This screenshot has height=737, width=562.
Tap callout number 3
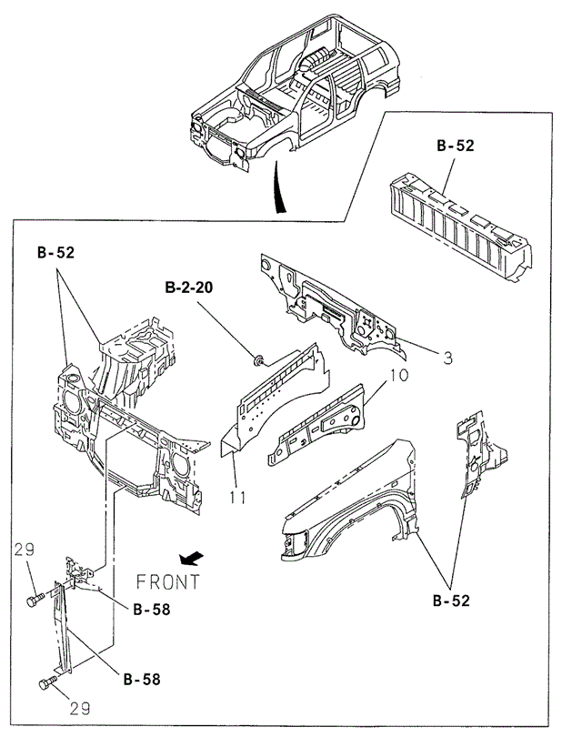click(x=447, y=358)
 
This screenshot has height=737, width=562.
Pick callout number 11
click(x=236, y=498)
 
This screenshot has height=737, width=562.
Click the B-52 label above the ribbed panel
click(x=455, y=145)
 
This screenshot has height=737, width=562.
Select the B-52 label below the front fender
click(x=452, y=601)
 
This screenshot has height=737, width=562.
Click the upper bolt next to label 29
click(x=35, y=600)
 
